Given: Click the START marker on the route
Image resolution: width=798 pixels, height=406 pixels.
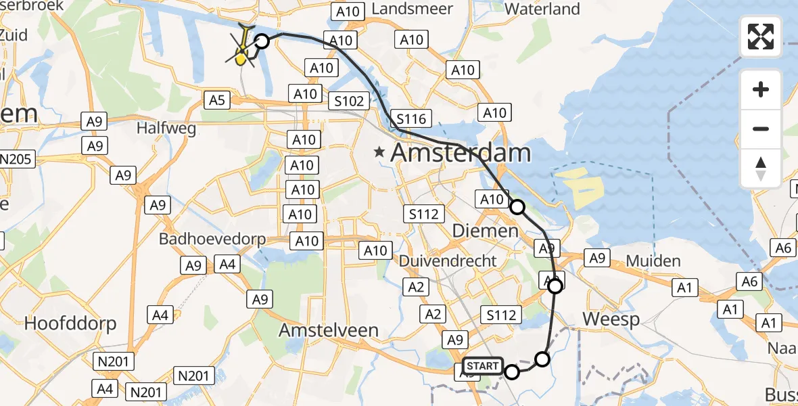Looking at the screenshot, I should click(483, 366).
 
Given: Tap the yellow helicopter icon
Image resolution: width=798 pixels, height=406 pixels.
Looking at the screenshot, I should click(242, 49).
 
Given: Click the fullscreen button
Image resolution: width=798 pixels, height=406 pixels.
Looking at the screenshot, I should click(761, 37).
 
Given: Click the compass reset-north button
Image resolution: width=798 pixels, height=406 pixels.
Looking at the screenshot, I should click(761, 168).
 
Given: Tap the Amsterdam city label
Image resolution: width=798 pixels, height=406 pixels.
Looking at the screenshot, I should click(461, 153).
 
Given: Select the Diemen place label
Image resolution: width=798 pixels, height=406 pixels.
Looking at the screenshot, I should click(484, 231).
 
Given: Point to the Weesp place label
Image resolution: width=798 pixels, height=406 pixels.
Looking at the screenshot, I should click(611, 319).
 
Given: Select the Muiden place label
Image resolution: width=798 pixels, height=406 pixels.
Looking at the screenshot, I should click(653, 261).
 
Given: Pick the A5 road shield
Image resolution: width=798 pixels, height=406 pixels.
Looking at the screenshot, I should click(216, 100).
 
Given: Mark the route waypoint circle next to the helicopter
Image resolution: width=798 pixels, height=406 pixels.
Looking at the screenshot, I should click(261, 41).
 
